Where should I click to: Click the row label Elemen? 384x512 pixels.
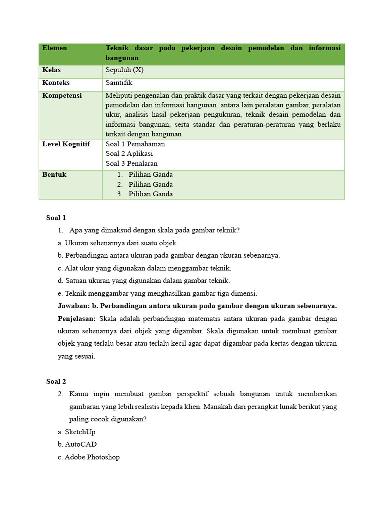tap(55, 48)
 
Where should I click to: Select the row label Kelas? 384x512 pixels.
tap(52, 70)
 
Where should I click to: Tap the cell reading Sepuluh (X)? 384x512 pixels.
tap(124, 70)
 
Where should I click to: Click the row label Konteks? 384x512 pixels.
tap(56, 83)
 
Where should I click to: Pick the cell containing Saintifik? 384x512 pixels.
tap(119, 83)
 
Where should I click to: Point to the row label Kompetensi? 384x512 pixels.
tap(62, 95)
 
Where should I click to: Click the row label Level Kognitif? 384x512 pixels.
tap(66, 144)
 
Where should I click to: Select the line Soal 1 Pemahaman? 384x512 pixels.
tap(135, 144)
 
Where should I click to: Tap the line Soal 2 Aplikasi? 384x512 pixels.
tap(129, 154)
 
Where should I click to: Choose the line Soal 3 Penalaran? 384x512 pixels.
tap(131, 163)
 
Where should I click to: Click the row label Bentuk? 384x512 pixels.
tap(54, 175)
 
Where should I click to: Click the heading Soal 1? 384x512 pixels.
tap(56, 218)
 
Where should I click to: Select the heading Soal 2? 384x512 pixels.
tap(56, 382)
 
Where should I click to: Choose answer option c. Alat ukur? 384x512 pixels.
tap(144, 268)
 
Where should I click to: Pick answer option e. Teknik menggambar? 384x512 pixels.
tap(157, 293)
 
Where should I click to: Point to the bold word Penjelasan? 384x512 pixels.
tap(77, 319)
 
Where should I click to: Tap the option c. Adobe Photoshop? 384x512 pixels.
tap(89, 457)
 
